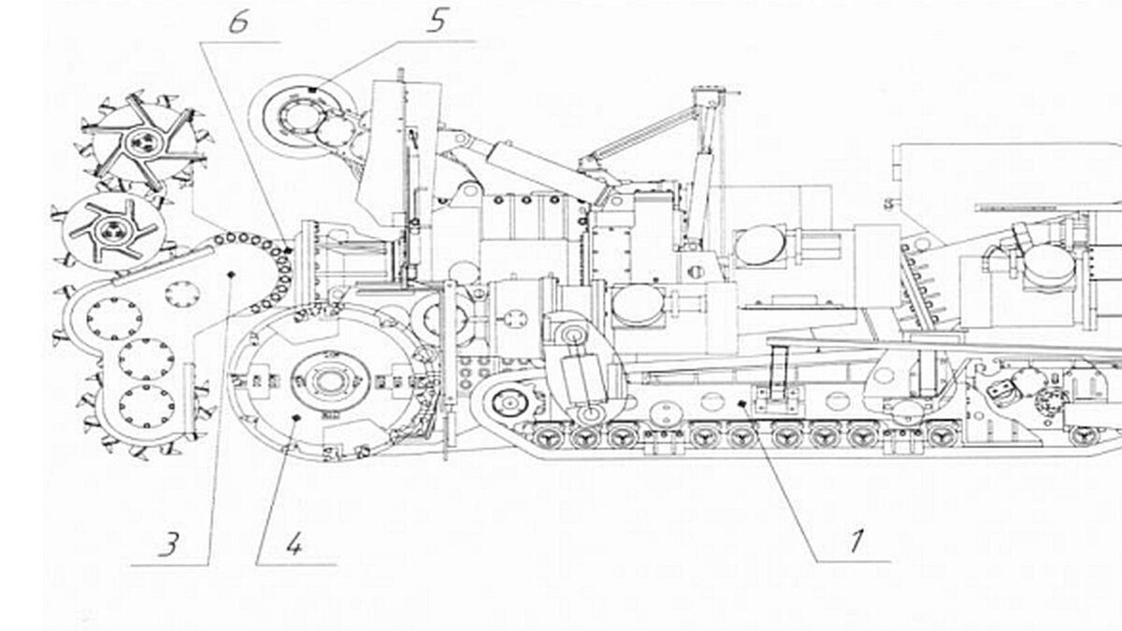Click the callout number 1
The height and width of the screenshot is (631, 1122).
pyautogui.click(x=854, y=539)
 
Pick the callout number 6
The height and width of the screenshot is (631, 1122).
pyautogui.click(x=238, y=23)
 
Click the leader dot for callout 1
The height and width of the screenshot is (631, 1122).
pyautogui.click(x=741, y=404)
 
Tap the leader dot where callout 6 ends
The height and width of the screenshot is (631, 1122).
pyautogui.click(x=289, y=251)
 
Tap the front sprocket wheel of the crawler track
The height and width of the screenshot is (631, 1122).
pyautogui.click(x=509, y=404)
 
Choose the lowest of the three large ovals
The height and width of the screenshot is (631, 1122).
pyautogui.click(x=634, y=305)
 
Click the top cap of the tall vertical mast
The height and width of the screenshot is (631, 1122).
pyautogui.click(x=706, y=93)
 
